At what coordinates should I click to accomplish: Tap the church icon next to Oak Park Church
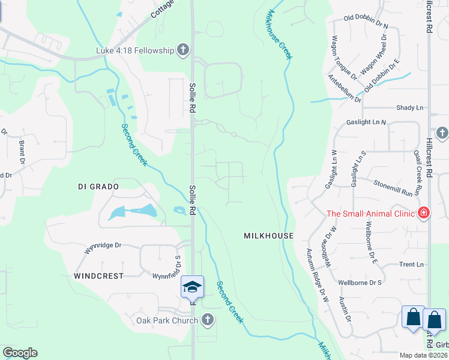[x=207, y=320]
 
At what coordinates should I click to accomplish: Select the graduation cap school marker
[x=192, y=287]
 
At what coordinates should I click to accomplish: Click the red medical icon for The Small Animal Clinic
[x=424, y=213]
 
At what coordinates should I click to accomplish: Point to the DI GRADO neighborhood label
[x=98, y=187]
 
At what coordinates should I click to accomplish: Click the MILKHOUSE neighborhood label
[x=268, y=236]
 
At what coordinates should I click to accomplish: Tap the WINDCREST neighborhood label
[x=98, y=276]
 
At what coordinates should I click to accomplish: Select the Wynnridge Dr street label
[x=103, y=248]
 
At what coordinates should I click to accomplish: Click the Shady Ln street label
[x=409, y=108]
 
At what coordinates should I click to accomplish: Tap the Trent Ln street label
[x=411, y=265]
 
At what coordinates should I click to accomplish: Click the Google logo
[x=20, y=353]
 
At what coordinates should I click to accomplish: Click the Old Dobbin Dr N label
[x=366, y=22]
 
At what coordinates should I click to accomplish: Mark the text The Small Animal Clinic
[x=371, y=214]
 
